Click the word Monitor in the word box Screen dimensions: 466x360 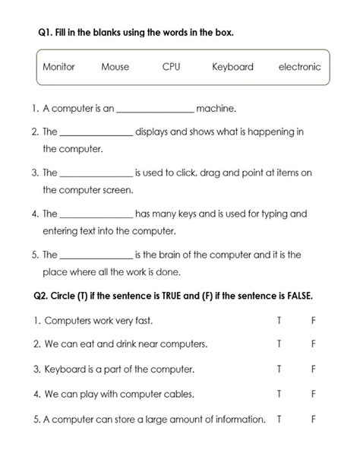(x=58, y=67)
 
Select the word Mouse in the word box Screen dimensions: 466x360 (x=115, y=67)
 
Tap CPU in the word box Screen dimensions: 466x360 (x=171, y=67)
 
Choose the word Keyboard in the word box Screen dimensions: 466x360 (x=232, y=67)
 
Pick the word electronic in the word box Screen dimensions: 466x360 (x=299, y=67)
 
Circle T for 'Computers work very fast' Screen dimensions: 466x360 (x=279, y=321)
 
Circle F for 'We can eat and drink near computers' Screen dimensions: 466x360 (x=313, y=344)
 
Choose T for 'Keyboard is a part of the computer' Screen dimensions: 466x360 (x=279, y=369)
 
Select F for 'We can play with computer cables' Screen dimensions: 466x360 (x=313, y=395)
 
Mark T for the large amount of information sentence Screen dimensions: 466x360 (x=279, y=419)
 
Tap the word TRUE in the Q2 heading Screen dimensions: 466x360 (x=166, y=295)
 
